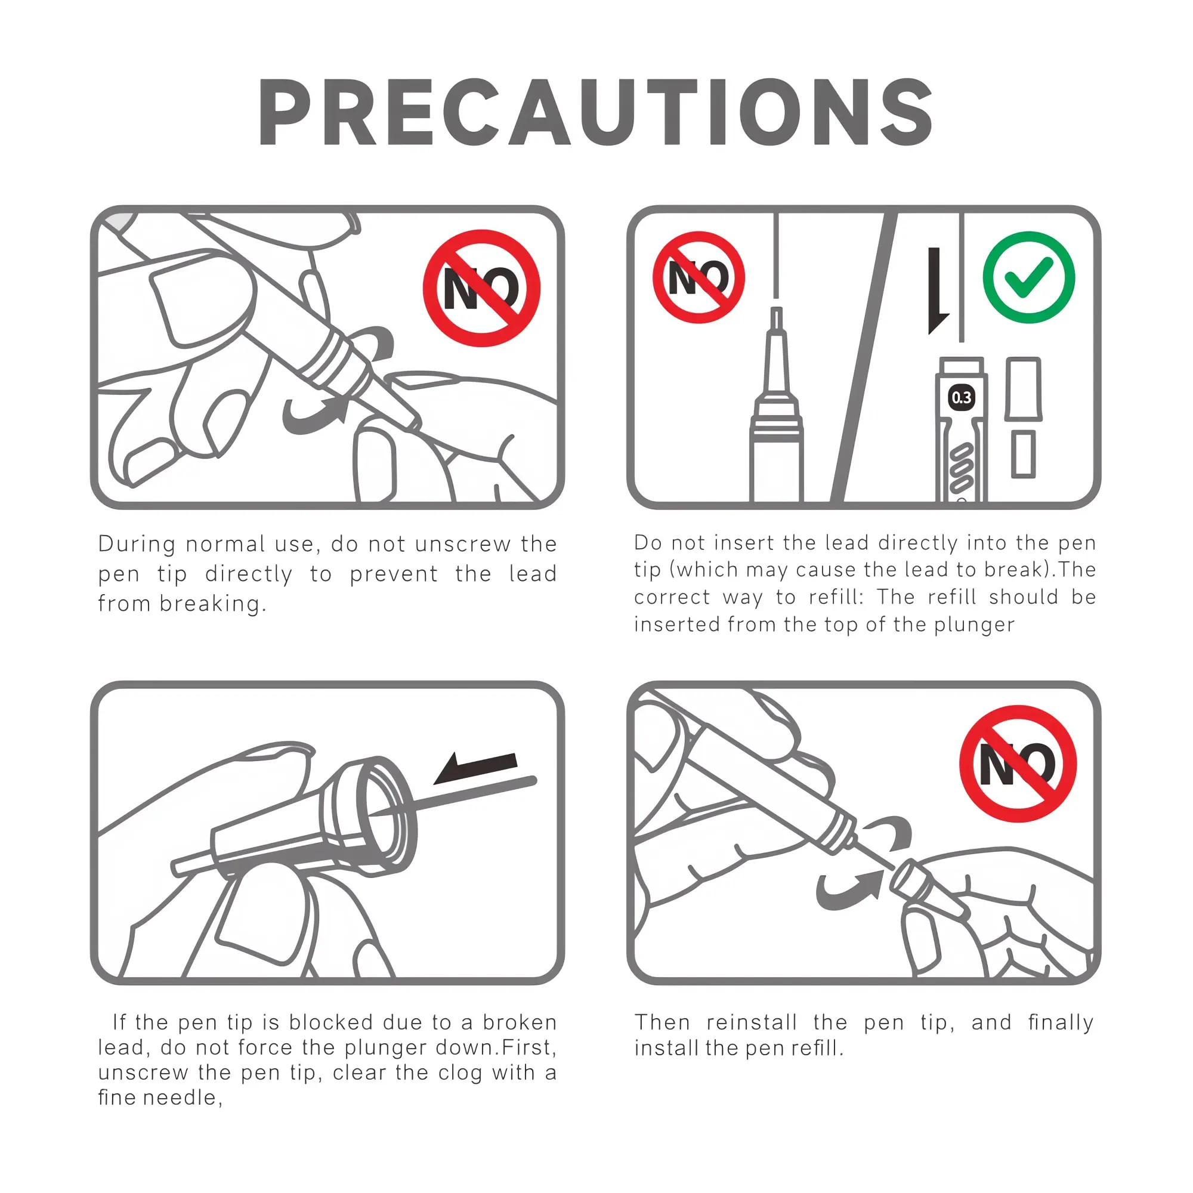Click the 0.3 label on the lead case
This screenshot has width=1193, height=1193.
pyautogui.click(x=962, y=398)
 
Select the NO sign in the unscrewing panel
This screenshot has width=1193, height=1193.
pyautogui.click(x=481, y=288)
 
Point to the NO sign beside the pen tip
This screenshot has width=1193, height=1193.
pyautogui.click(x=699, y=277)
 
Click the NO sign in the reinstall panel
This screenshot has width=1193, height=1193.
pyautogui.click(x=1018, y=764)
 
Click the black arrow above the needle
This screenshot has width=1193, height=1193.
pyautogui.click(x=475, y=768)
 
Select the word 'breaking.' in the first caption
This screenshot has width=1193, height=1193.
pyautogui.click(x=213, y=604)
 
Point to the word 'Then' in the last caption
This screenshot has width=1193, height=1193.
pyautogui.click(x=662, y=1022)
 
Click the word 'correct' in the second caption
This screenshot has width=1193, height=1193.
pyautogui.click(x=672, y=598)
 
